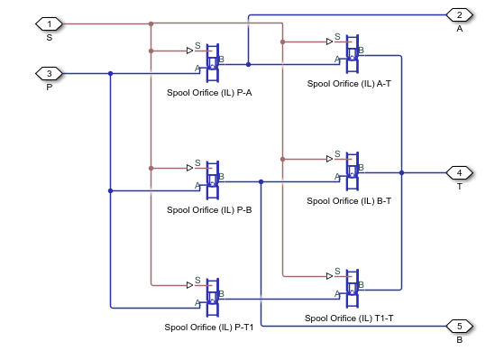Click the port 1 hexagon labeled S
point(49,23)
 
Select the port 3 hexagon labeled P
point(49,73)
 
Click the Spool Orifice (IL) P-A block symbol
point(213,58)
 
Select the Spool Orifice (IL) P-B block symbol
point(213,179)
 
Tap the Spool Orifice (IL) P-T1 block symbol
point(213,296)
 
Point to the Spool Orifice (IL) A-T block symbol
point(353,51)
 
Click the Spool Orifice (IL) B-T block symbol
point(353,170)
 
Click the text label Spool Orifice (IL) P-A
point(209,92)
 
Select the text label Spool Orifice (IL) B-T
point(349,200)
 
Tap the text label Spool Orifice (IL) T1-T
point(348,318)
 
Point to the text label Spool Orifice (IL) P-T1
point(209,327)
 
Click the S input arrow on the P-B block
point(190,168)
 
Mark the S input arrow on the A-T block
point(330,41)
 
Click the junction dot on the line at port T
point(401,172)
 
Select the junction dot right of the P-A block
point(248,64)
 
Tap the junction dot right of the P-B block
point(261,181)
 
